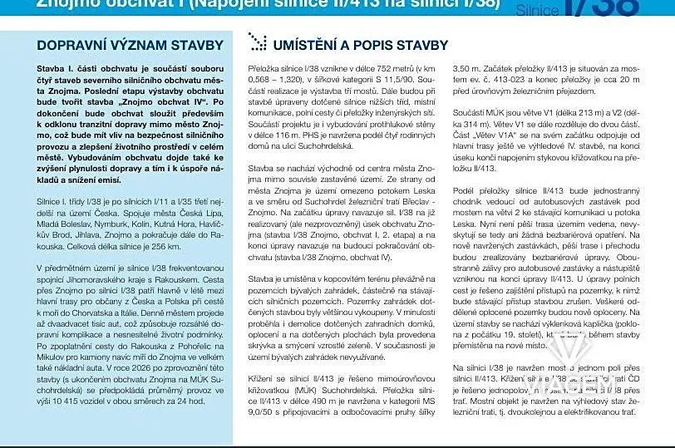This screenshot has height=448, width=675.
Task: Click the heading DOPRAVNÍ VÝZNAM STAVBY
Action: point(131,45)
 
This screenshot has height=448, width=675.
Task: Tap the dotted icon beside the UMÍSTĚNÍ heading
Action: point(258,43)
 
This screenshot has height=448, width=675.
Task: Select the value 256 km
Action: point(168,247)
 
